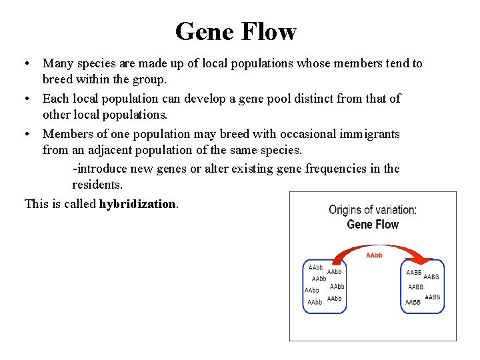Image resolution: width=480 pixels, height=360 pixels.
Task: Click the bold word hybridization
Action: [138, 204]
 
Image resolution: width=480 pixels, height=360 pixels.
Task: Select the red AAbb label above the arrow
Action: [374, 256]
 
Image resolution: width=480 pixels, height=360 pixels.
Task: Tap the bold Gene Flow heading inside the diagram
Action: [373, 225]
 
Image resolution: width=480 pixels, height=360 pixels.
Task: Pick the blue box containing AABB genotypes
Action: [423, 287]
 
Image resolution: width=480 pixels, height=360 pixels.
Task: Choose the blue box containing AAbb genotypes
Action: [324, 285]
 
